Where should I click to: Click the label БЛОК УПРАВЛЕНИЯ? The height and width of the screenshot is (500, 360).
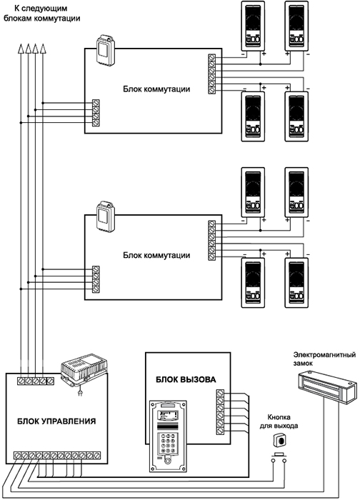(56, 421)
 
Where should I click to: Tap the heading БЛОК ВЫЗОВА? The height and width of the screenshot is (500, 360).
(186, 379)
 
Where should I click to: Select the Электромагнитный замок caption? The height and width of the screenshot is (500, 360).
(324, 359)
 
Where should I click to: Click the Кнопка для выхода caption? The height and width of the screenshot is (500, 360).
(279, 421)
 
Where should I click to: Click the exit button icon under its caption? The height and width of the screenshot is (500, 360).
(279, 441)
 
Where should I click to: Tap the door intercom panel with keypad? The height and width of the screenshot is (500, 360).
(168, 436)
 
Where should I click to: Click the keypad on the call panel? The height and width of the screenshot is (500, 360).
(168, 442)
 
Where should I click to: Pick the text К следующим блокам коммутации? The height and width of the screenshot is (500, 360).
(41, 14)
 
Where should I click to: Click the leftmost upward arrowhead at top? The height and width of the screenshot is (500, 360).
(21, 49)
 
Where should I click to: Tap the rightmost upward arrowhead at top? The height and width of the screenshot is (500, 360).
(43, 49)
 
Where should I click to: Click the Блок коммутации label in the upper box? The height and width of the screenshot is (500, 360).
(156, 89)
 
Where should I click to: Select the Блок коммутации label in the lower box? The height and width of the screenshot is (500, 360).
(156, 256)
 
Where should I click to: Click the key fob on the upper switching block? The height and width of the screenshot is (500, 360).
(106, 50)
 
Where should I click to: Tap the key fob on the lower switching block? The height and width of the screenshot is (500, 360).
(106, 216)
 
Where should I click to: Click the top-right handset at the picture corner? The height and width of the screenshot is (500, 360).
(296, 26)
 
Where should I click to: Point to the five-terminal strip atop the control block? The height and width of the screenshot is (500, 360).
(36, 381)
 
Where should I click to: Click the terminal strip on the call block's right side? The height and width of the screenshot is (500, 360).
(220, 411)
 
